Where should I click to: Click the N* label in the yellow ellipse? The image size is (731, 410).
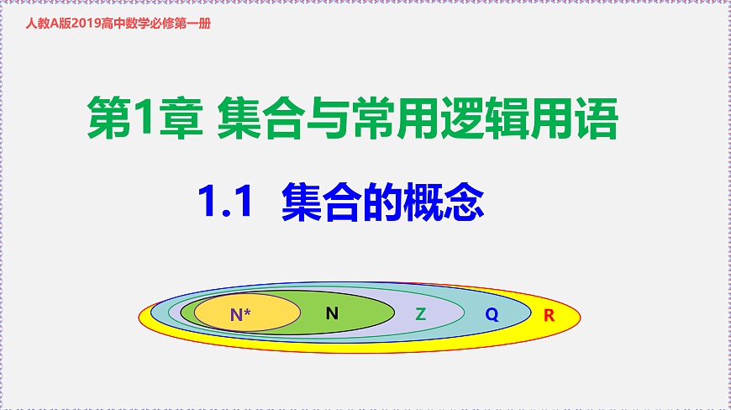coord(240,315)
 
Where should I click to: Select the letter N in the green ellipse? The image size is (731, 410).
coord(332,313)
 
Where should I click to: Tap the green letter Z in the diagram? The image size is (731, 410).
coord(421,314)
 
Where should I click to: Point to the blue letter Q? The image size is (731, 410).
coord(492,315)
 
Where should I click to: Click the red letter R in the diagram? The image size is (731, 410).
coord(549,316)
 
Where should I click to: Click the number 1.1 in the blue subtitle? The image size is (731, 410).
coord(225,202)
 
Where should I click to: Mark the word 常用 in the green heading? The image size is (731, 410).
coord(393,119)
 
